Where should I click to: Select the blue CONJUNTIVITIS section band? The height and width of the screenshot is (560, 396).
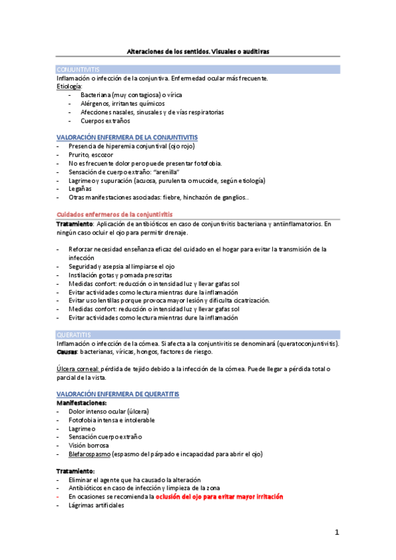[x=198, y=69]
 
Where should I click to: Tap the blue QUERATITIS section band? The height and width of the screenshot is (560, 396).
[x=198, y=335]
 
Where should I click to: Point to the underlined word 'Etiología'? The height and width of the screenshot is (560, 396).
[x=69, y=87]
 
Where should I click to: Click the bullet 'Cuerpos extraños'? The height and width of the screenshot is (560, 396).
[x=105, y=121]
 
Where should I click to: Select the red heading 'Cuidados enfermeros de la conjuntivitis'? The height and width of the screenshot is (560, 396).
[x=114, y=215]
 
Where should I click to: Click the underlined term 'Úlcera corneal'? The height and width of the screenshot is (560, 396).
[x=77, y=368]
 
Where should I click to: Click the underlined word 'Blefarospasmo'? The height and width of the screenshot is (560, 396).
[x=89, y=454]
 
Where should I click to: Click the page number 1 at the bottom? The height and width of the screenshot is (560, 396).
[x=337, y=532]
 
